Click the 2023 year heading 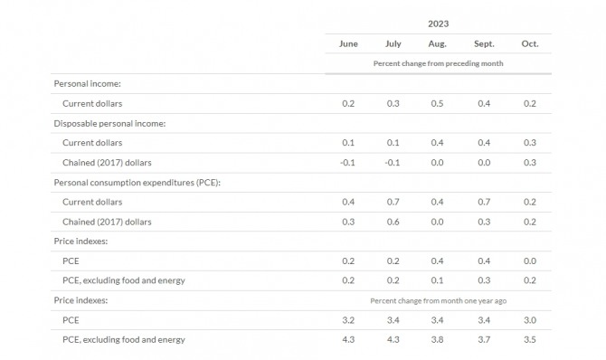tap(438, 24)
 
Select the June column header tap(348, 43)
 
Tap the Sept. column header tap(484, 44)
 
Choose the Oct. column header tap(529, 43)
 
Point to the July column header tap(393, 44)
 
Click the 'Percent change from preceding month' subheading tap(438, 63)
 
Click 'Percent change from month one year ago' tap(438, 301)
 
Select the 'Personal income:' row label tap(88, 84)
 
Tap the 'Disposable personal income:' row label tap(109, 123)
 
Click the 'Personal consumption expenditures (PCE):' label tap(137, 183)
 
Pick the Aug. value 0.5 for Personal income tap(437, 104)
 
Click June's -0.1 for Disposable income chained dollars tap(347, 163)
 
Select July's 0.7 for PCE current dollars tap(393, 202)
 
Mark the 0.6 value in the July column tap(393, 222)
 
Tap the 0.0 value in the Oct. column tap(529, 261)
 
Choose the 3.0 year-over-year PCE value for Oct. tap(529, 320)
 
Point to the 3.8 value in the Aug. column tap(437, 339)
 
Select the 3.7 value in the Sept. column tap(484, 339)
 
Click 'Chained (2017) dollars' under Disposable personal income tap(107, 163)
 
